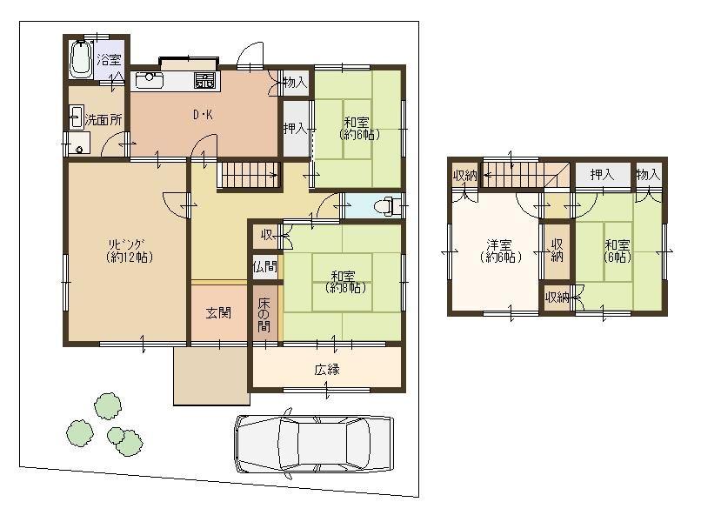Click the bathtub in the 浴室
82,58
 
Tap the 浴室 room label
109,60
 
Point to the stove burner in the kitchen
206,82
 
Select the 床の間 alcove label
264,314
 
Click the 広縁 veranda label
327,369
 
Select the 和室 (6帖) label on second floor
618,251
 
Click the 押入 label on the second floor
602,175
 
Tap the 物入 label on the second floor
648,175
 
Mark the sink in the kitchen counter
147,79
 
